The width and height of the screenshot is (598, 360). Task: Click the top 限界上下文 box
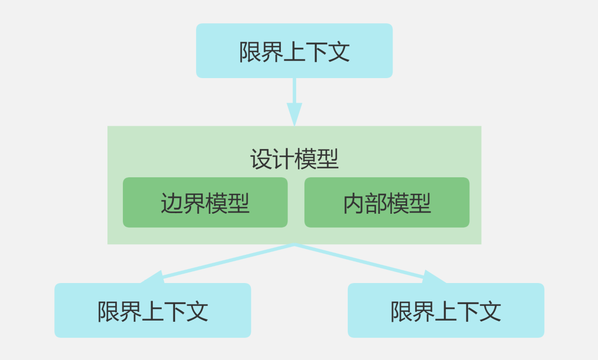294,50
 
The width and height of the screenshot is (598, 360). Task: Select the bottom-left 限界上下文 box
152,310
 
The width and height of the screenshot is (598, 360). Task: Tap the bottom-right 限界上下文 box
446,310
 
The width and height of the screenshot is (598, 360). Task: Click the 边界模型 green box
205,203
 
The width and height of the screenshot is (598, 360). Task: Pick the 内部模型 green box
387,203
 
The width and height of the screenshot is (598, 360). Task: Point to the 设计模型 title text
294,160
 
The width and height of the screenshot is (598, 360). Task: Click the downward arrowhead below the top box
294,114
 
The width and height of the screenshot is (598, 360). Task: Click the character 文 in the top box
338,52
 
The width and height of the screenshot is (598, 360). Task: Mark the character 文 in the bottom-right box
490,312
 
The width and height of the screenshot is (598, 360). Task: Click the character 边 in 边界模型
172,204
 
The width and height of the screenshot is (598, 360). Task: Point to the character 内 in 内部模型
354,204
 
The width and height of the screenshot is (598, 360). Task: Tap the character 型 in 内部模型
420,204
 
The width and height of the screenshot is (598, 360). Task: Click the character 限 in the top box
250,52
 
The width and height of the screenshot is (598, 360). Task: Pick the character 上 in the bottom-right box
446,312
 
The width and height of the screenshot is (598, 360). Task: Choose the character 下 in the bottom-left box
174,312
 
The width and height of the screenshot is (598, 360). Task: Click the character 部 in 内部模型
376,204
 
